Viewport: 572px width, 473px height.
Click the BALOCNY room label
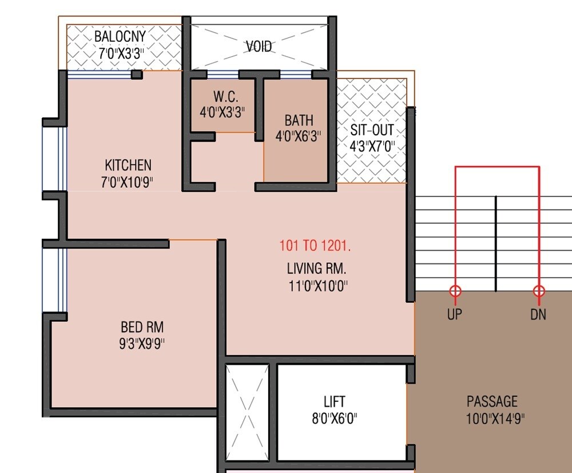point(120,36)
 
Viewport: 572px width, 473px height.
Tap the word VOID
point(259,46)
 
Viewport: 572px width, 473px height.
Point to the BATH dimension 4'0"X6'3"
point(299,137)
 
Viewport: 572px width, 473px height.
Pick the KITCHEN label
point(128,165)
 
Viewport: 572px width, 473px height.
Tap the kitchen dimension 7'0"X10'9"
point(128,182)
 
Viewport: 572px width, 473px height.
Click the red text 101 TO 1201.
point(315,246)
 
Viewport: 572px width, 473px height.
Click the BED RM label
point(142,327)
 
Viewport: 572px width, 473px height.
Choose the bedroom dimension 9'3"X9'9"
point(142,344)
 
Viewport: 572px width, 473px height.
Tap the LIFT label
point(334,401)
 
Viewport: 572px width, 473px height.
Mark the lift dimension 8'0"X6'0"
point(334,418)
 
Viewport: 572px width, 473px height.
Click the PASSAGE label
point(492,401)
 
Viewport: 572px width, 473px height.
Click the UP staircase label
point(455,314)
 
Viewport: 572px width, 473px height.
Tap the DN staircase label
point(538,314)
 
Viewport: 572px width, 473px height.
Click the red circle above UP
point(455,291)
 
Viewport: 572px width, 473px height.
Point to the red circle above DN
point(539,291)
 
